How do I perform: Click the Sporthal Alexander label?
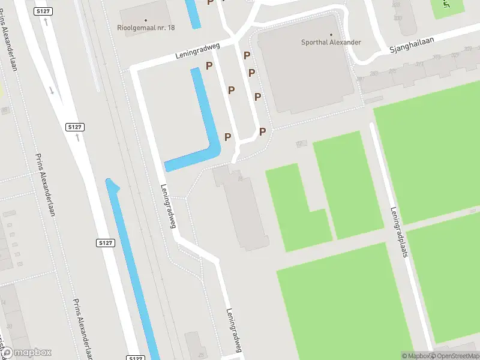coord(331,43)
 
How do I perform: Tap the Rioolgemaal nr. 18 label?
coord(146,27)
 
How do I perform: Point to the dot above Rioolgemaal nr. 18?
coord(146,18)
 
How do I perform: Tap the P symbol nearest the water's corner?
coord(228,137)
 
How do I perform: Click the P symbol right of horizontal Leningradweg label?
coord(209,65)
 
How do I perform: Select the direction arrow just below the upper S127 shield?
coord(46,22)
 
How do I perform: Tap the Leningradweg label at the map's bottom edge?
coord(234,330)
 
